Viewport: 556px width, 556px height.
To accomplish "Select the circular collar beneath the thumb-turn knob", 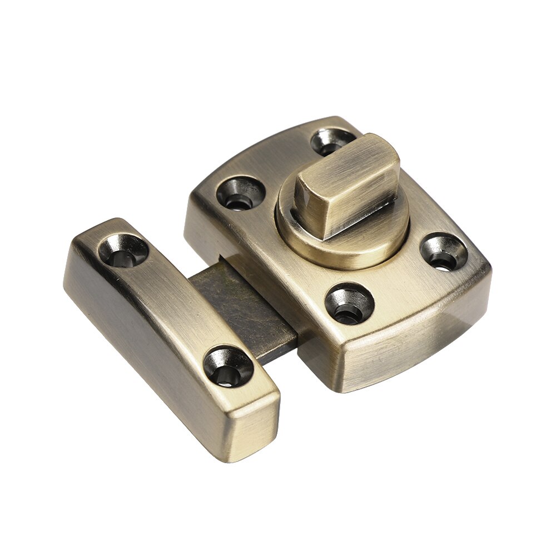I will pos(356,245).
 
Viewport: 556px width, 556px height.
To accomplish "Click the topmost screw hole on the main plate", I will pos(332,141).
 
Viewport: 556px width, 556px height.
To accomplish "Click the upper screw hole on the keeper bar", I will pos(123,250).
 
